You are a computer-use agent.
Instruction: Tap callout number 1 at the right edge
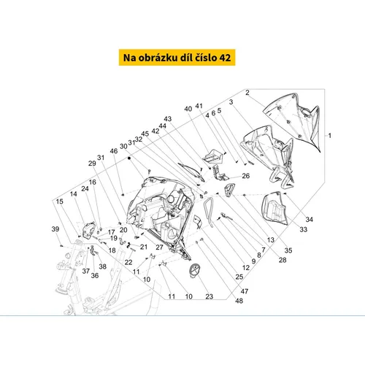[330, 136]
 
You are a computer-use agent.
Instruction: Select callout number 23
[210, 296]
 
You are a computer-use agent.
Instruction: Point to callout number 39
[55, 229]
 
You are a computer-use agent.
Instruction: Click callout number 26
[246, 176]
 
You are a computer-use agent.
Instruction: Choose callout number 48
[239, 301]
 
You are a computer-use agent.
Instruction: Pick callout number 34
[309, 219]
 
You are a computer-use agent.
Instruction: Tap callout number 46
[114, 151]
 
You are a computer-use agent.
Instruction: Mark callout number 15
[59, 201]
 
